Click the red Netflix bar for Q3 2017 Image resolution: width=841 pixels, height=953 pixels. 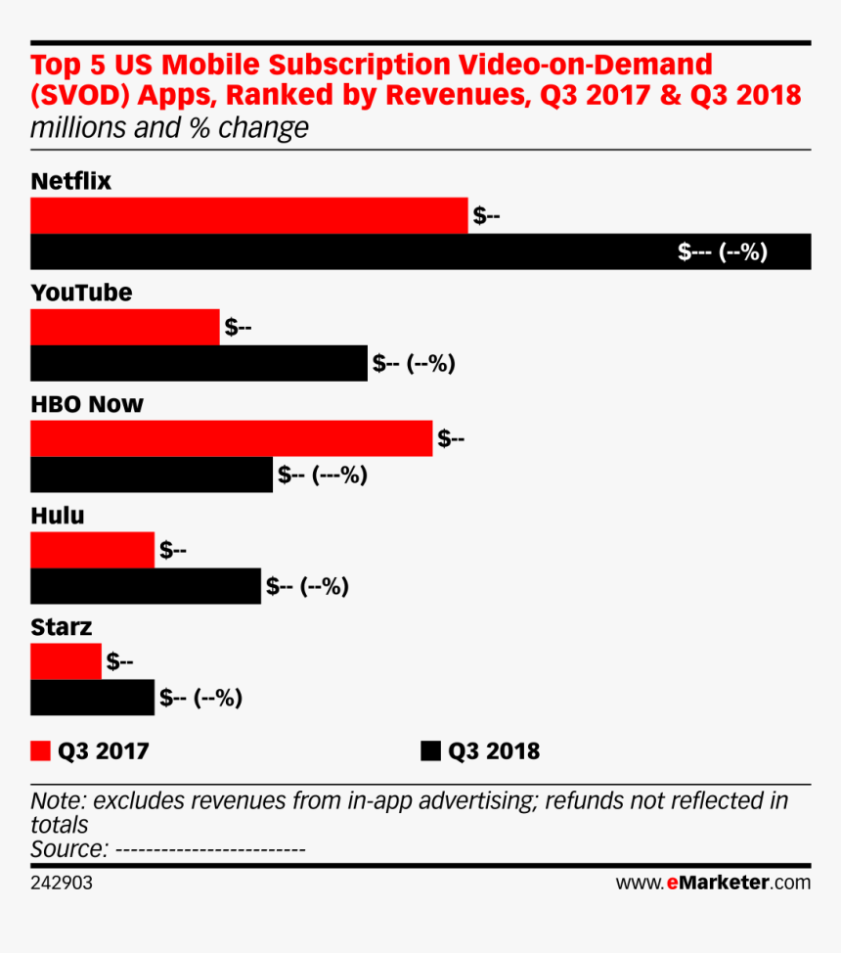pos(249,215)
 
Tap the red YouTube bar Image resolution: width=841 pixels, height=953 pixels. pos(125,327)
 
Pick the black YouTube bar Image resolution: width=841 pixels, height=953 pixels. pos(199,363)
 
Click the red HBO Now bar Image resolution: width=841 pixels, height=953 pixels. pos(231,438)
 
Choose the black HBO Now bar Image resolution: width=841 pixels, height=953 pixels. pos(152,475)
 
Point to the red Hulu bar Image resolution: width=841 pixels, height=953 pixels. pos(92,550)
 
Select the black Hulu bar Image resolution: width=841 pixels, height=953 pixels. pos(146,586)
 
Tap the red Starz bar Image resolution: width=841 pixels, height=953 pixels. pos(66,661)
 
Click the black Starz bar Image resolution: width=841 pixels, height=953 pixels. pos(92,698)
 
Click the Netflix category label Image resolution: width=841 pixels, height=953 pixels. pos(71,182)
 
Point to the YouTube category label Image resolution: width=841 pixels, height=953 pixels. pos(81,294)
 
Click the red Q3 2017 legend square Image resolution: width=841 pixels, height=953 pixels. pos(40,751)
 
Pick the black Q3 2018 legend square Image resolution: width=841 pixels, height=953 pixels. pos(430,751)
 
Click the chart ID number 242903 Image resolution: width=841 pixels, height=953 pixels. pos(62,883)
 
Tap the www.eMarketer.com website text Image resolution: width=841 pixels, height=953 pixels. pos(713,883)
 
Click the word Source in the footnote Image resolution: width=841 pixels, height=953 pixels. pos(67,848)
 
